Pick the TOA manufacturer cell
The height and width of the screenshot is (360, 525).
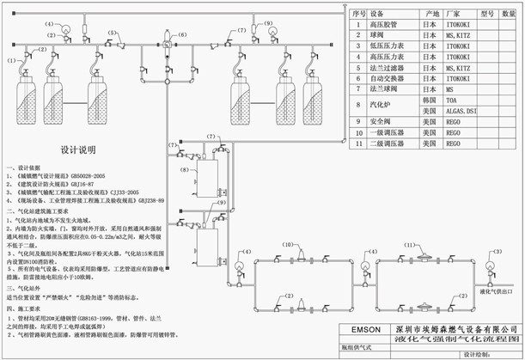(450, 100)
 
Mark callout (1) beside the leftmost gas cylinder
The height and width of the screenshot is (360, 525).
(12, 60)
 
